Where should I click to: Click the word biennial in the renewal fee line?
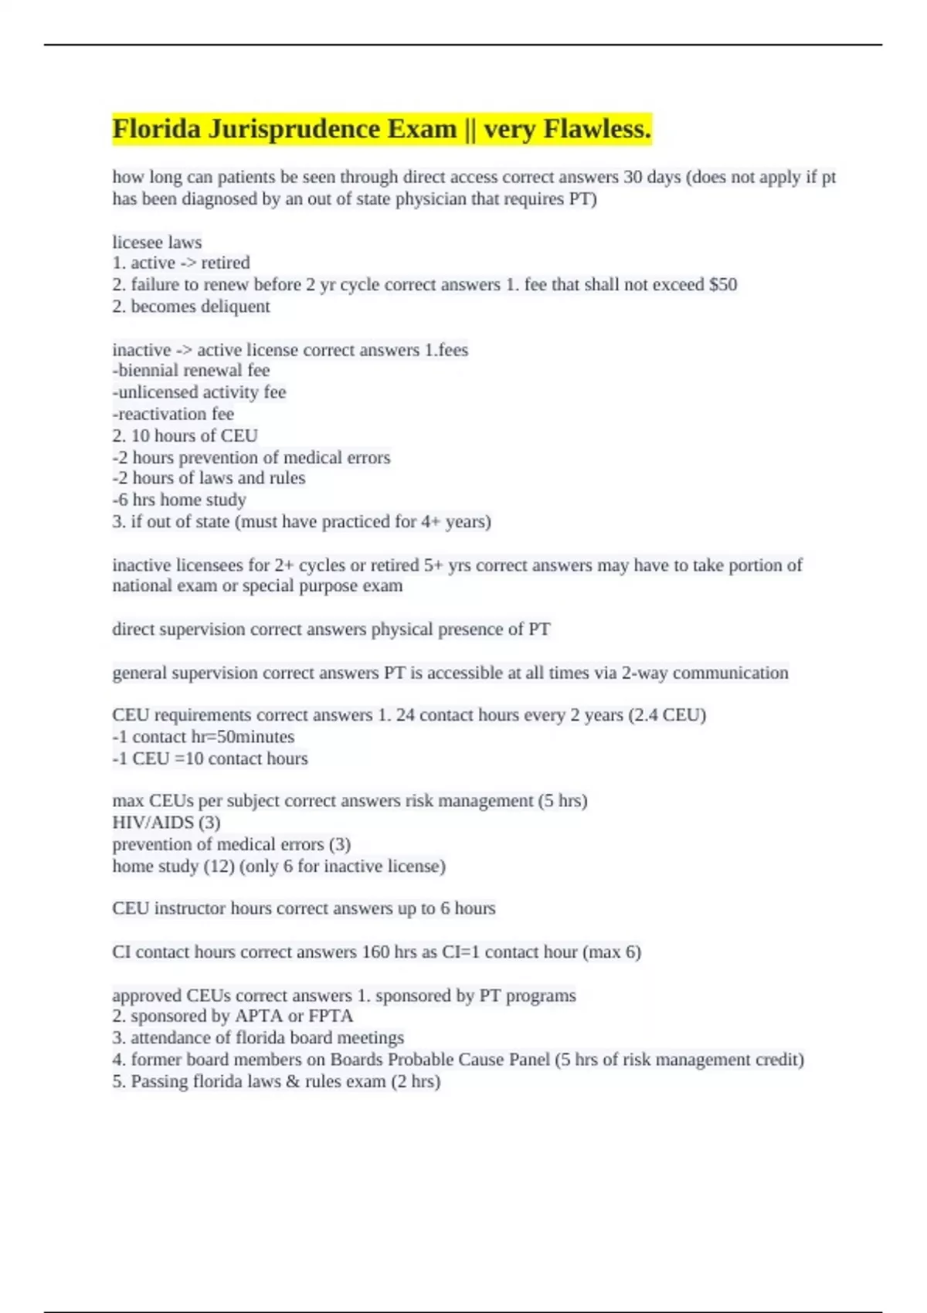(x=148, y=371)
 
